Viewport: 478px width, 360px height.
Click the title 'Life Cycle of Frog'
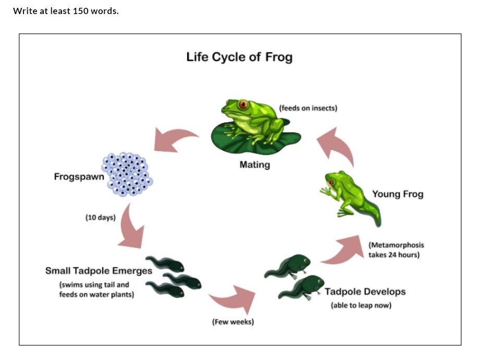[x=239, y=57]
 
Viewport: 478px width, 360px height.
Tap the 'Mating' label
[x=255, y=165]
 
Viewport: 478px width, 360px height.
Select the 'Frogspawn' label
[x=79, y=177]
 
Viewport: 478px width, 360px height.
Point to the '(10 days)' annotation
[x=101, y=217]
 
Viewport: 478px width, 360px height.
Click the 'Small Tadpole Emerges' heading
[x=99, y=271]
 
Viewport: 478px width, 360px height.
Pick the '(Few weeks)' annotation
[x=233, y=322]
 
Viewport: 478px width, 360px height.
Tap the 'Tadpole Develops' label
[x=365, y=292]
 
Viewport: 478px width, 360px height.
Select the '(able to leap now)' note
[x=361, y=305]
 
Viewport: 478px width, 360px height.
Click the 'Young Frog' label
[x=398, y=194]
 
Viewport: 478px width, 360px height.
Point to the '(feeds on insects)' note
[x=308, y=108]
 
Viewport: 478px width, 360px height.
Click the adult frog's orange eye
[x=243, y=105]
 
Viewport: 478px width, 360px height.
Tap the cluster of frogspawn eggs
[x=127, y=174]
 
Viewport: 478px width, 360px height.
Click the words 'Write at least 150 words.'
[x=66, y=11]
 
